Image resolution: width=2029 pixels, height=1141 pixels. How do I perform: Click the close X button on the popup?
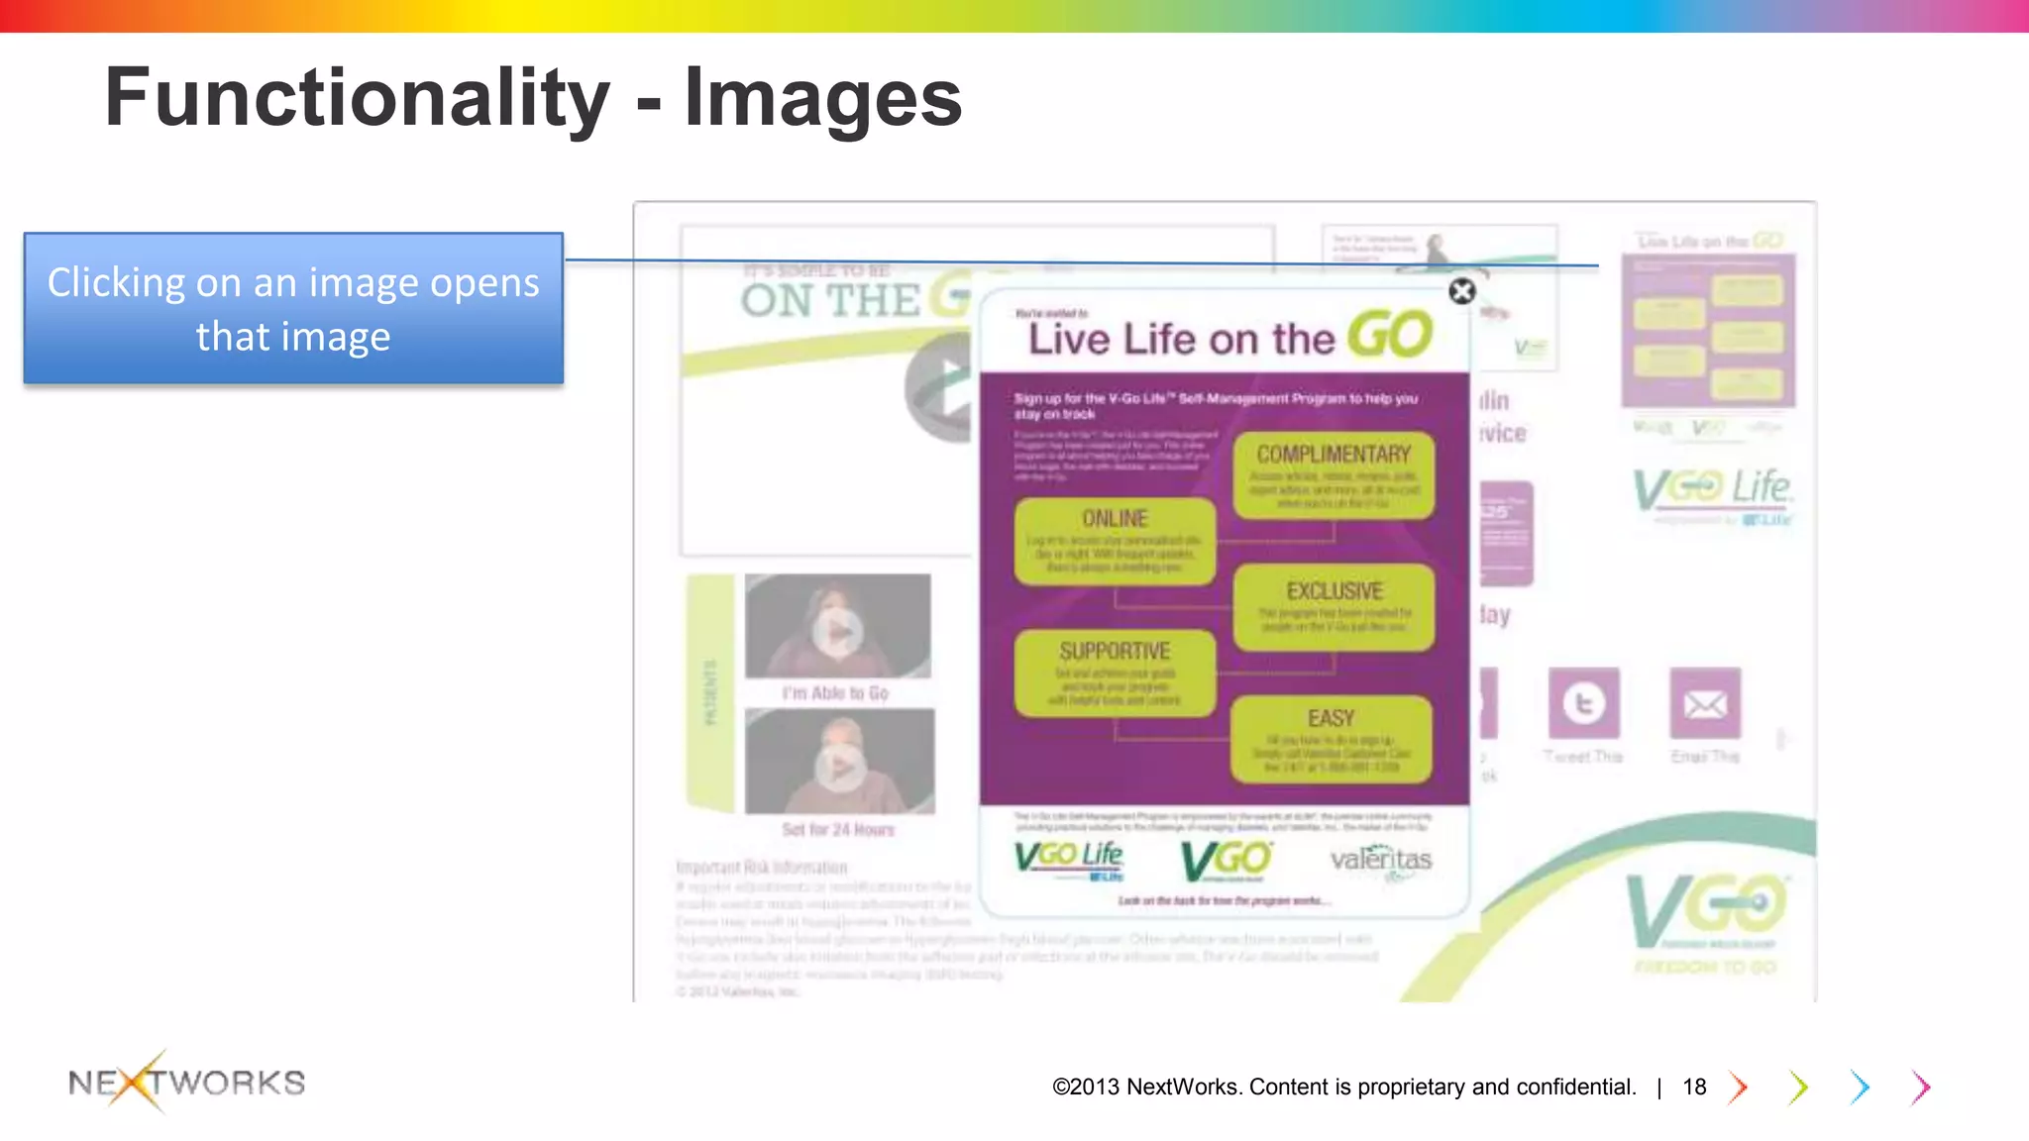(1461, 291)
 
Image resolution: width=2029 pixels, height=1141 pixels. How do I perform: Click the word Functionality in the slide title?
(357, 97)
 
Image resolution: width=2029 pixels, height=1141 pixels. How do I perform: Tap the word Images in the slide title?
(822, 97)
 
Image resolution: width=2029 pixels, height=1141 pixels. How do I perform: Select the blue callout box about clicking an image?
(293, 308)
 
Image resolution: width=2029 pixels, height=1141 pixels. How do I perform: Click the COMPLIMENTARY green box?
(1334, 474)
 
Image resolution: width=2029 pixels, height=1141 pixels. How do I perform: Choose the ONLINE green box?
(1115, 540)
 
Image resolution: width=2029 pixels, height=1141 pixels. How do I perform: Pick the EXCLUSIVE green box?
(1334, 606)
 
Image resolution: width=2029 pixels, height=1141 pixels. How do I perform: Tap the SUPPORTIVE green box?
(1115, 673)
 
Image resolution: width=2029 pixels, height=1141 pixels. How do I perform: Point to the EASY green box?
(1331, 738)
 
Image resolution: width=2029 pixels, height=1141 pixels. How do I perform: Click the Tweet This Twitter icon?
(1583, 703)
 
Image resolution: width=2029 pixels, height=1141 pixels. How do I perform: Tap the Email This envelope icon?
(1704, 703)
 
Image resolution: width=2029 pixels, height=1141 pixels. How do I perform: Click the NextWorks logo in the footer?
(186, 1082)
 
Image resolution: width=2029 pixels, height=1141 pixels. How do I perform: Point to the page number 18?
(1694, 1088)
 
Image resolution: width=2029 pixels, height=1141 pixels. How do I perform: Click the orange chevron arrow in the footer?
(1739, 1088)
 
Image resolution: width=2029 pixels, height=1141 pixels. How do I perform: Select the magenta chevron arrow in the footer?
(1921, 1088)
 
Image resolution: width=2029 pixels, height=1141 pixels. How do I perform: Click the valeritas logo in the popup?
(1381, 859)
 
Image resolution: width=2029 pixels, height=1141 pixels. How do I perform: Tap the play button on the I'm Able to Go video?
(838, 631)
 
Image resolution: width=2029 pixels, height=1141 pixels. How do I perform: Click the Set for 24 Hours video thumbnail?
(839, 762)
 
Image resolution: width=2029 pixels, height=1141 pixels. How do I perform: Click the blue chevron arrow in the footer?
(1860, 1088)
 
